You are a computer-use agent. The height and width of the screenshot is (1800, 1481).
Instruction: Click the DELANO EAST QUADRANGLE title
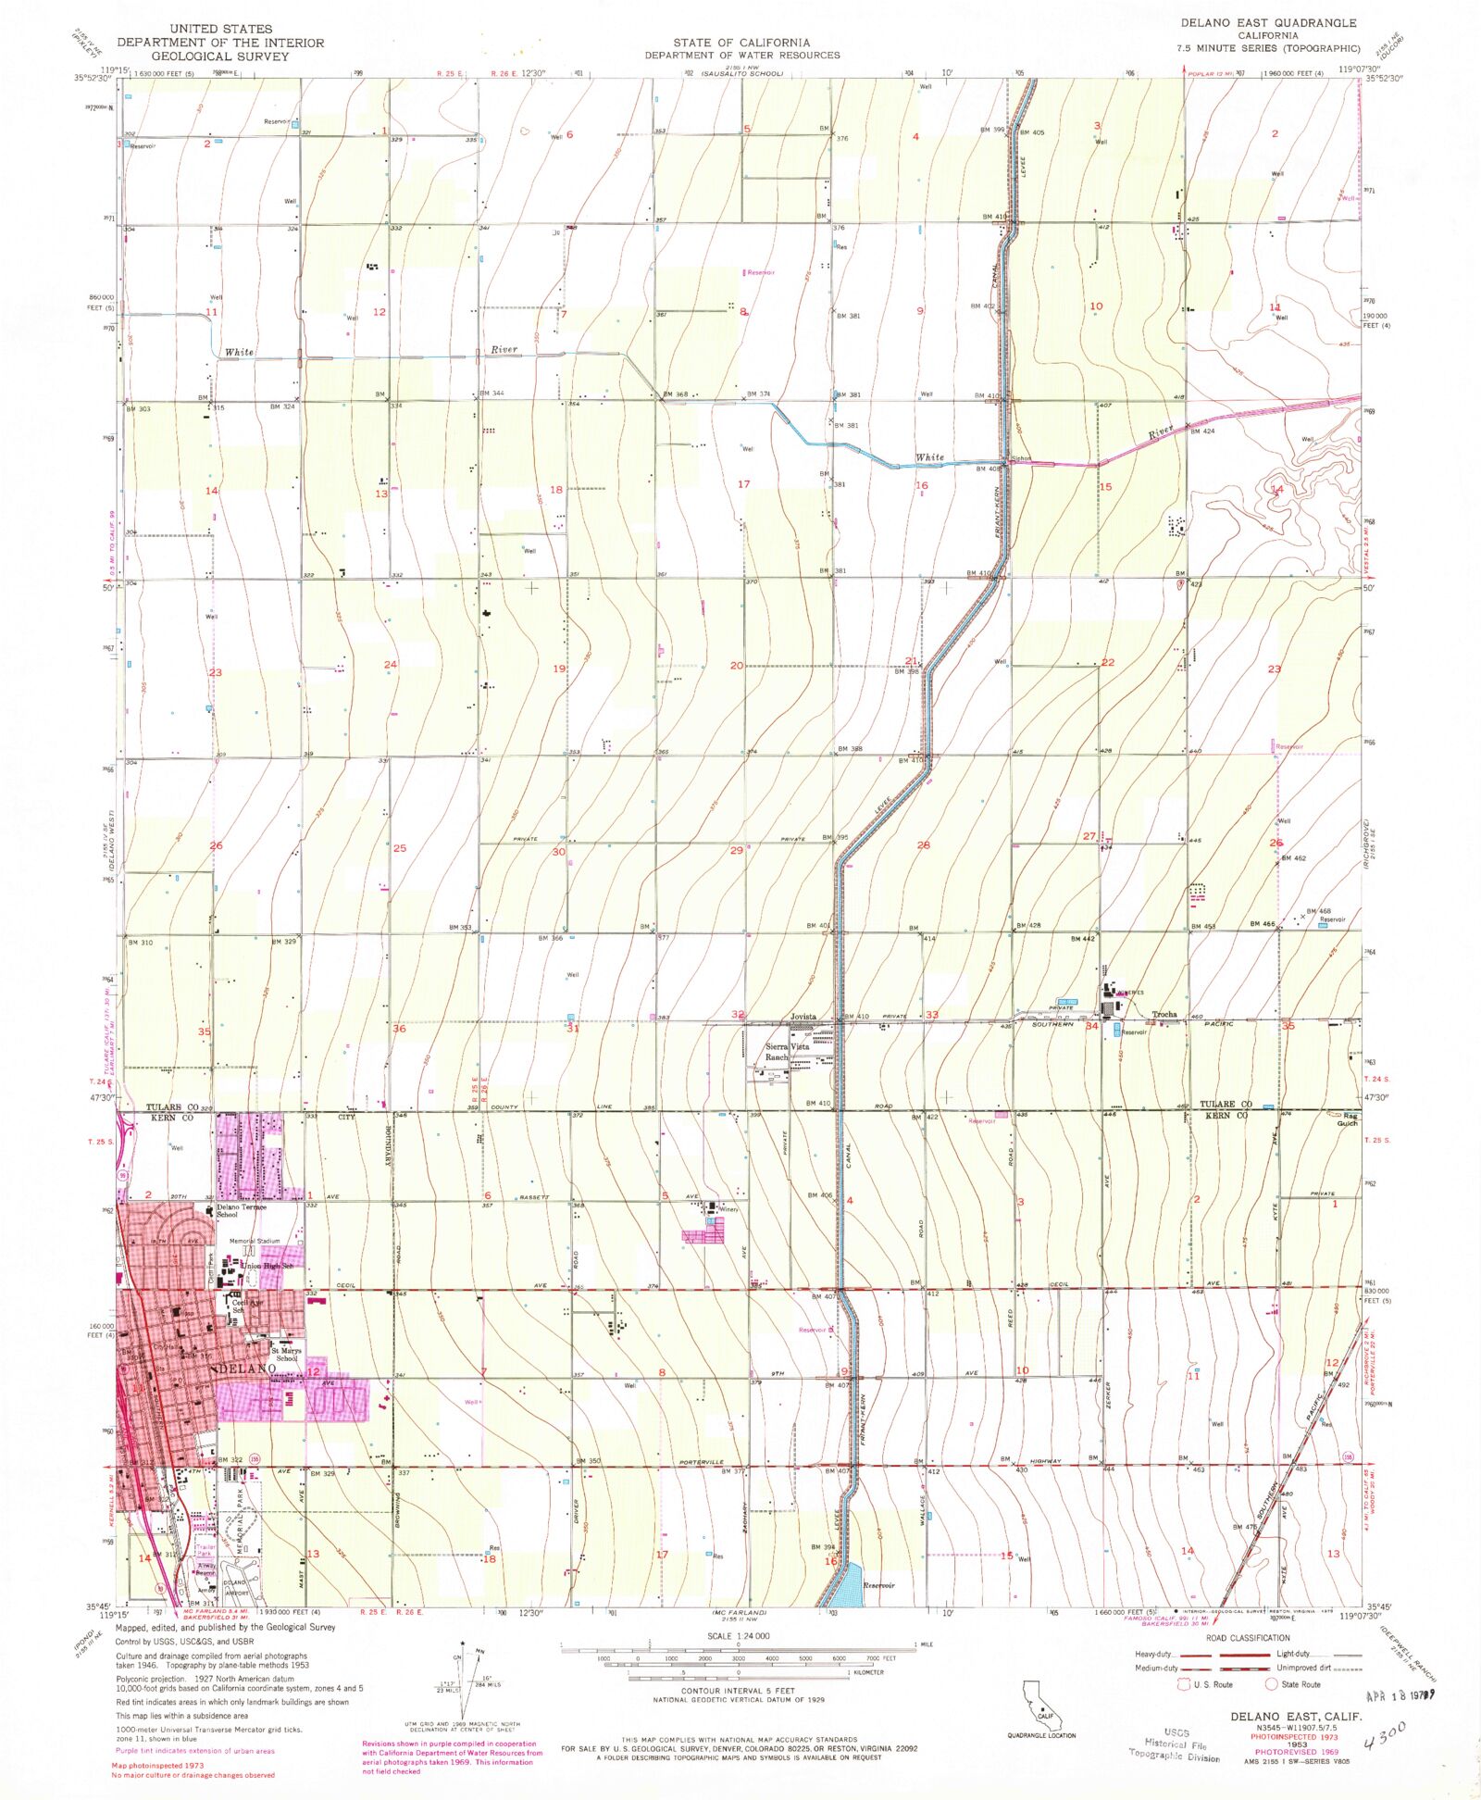pos(1267,22)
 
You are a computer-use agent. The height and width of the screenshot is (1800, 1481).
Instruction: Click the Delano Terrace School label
pos(241,1210)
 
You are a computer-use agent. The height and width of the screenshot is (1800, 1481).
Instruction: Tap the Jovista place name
pos(803,1016)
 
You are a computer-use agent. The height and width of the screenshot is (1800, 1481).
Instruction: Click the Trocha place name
pos(1164,1014)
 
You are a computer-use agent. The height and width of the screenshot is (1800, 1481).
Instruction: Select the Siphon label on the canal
pos(1020,458)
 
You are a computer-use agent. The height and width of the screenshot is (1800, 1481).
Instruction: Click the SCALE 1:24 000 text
pos(738,1635)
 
